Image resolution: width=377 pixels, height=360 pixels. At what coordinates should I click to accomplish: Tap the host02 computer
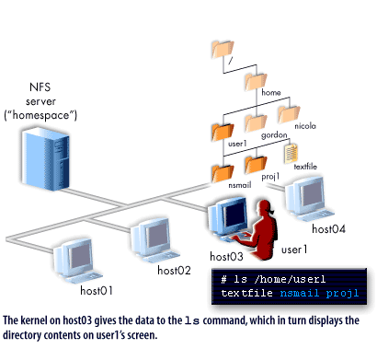[152, 237]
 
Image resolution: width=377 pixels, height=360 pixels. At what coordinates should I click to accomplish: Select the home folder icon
[256, 82]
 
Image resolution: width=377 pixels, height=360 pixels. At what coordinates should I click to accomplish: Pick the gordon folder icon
[256, 117]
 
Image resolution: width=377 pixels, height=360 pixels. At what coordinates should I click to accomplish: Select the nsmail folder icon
[222, 170]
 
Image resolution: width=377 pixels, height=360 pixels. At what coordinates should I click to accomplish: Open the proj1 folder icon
[257, 164]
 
